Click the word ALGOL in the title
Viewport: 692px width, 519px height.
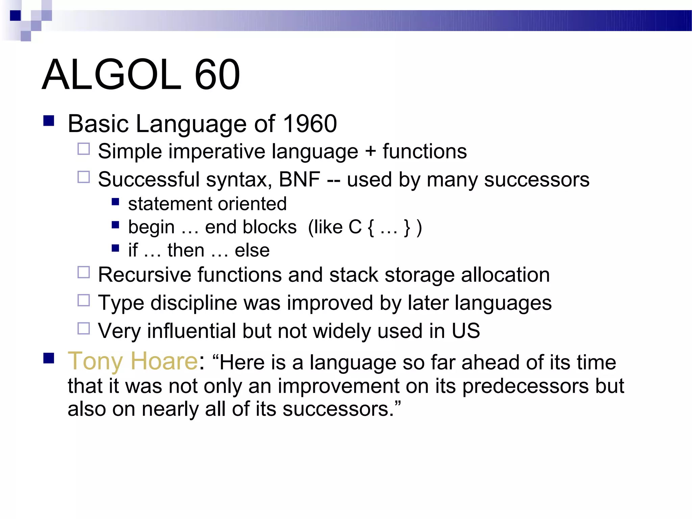[112, 75]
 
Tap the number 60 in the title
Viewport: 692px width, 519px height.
[217, 75]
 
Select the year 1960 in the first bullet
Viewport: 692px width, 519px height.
[310, 124]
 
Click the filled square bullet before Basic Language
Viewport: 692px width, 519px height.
[49, 121]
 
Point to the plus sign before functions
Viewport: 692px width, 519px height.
[370, 151]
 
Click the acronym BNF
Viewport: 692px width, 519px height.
[299, 179]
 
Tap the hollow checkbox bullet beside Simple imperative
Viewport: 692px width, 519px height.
[83, 149]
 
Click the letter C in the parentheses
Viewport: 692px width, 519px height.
[355, 227]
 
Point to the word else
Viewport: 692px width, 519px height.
[252, 250]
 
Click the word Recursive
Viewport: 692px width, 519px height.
[144, 275]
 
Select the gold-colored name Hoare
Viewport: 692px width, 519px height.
[164, 361]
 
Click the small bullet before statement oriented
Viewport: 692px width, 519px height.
[116, 202]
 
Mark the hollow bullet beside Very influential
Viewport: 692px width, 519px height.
[83, 328]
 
